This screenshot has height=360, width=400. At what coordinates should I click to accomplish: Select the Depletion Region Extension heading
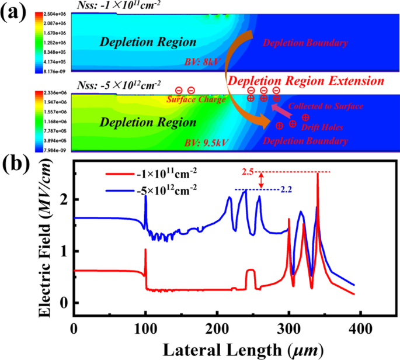(x=306, y=80)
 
